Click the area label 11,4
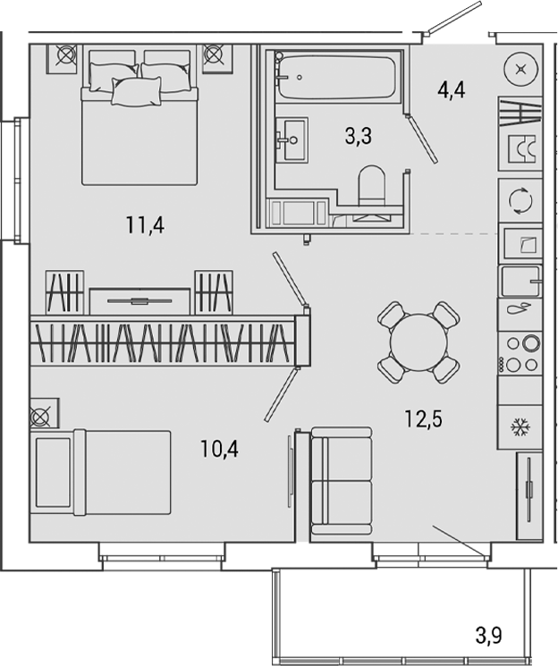click(145, 224)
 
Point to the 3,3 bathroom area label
click(359, 136)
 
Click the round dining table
click(418, 342)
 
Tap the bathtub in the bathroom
click(335, 78)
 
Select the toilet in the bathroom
click(370, 189)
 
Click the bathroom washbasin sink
click(292, 140)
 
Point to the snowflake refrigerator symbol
click(520, 426)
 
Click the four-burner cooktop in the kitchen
click(520, 352)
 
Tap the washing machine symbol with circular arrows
click(520, 200)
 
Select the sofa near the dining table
click(340, 482)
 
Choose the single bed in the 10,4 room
click(101, 472)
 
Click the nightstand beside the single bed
click(43, 415)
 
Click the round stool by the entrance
click(521, 70)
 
